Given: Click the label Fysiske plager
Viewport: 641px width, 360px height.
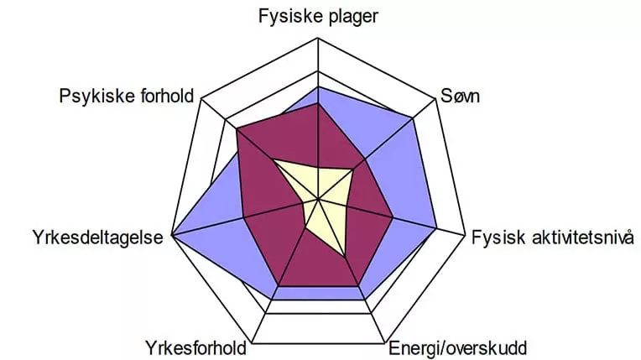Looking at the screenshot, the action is tap(318, 17).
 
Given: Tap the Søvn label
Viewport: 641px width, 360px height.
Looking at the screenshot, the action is tap(460, 97).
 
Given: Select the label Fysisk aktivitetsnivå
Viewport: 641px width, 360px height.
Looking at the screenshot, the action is tap(553, 237).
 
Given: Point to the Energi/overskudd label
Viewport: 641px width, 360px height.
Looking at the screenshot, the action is tap(457, 348).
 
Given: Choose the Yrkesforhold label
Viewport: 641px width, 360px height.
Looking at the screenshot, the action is tap(195, 348).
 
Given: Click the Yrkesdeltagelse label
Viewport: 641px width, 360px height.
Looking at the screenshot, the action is tap(97, 237).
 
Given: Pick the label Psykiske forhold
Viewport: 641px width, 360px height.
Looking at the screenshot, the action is tap(127, 97).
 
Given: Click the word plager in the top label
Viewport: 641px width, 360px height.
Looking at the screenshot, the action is tap(353, 17).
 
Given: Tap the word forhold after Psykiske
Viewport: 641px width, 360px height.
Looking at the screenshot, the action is tap(166, 96).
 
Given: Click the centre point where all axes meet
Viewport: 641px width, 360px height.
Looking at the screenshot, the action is tap(318, 200).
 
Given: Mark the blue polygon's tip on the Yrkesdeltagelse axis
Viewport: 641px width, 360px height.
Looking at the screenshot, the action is tap(172, 235).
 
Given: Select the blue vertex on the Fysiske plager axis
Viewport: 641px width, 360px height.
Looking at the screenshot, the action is tap(318, 86).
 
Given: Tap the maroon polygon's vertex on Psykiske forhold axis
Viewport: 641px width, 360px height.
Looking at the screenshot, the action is tap(237, 129).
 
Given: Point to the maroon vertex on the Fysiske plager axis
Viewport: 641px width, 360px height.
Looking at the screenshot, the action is tap(318, 104).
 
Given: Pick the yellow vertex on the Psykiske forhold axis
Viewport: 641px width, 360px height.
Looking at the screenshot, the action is tap(274, 161).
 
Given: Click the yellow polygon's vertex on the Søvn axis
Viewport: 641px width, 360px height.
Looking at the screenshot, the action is tap(353, 169).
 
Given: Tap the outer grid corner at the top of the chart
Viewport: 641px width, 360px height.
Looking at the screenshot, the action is tap(318, 38).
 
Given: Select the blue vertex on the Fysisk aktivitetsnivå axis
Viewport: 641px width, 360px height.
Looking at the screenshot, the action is tap(436, 227).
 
